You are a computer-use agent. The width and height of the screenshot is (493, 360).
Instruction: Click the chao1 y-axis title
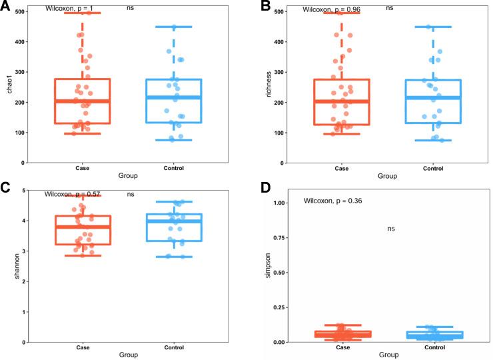[x=9, y=87]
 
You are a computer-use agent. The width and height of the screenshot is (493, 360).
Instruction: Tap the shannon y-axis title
[x=9, y=265]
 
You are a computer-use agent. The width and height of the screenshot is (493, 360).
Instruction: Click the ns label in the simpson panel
[x=391, y=229]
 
